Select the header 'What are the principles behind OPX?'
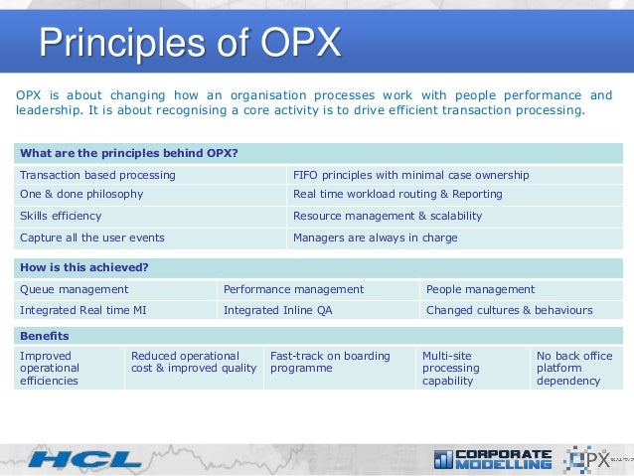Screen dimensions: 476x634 [x=129, y=153]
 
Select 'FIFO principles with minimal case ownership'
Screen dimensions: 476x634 [x=411, y=175]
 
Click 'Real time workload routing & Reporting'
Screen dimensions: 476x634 [x=397, y=195]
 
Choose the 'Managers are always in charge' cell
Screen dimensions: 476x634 [x=376, y=238]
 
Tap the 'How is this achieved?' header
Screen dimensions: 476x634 [x=84, y=267]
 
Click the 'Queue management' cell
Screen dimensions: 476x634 [x=75, y=289]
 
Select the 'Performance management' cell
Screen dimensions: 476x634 [x=293, y=289]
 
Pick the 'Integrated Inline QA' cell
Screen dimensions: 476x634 [x=279, y=310]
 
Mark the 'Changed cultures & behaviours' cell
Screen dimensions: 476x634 [x=509, y=310]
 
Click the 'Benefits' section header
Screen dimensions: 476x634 [x=45, y=336]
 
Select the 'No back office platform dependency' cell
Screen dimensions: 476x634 [x=576, y=368]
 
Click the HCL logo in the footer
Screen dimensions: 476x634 [x=84, y=459]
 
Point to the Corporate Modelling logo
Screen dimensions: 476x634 [x=493, y=458]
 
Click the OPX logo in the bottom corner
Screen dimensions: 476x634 [x=594, y=458]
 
